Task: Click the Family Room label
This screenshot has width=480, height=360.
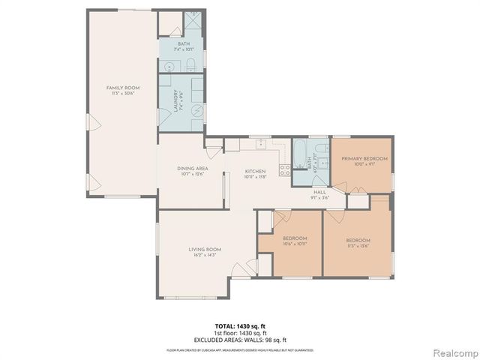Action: [x=123, y=88]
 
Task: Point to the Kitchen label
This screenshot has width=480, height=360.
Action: [x=255, y=172]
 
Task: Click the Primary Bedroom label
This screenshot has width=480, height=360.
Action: [x=364, y=159]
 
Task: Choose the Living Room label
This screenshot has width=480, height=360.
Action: [x=204, y=249]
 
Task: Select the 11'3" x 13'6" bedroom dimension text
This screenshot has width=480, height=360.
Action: [x=358, y=247]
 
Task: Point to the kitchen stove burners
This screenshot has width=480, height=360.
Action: [x=285, y=170]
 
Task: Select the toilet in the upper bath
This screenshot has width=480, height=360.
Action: [x=192, y=64]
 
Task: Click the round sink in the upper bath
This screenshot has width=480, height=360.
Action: [x=169, y=66]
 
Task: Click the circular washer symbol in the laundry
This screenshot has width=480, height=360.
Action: [x=196, y=110]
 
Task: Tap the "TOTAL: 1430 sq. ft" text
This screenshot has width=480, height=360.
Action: [x=240, y=326]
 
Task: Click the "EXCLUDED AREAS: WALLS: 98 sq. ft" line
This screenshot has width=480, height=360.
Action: [x=240, y=340]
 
